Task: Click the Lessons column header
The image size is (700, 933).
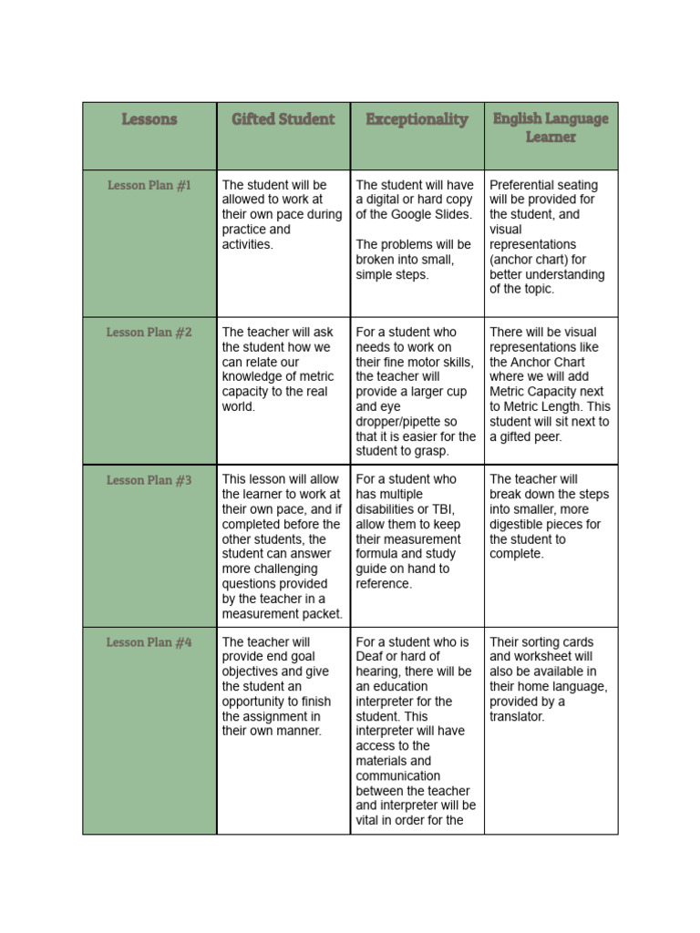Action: tap(149, 119)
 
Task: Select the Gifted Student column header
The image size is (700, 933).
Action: tap(283, 119)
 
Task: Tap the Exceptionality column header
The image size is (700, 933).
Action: tap(417, 119)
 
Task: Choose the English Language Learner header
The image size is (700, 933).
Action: tap(551, 128)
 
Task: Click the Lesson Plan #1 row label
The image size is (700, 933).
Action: tap(149, 185)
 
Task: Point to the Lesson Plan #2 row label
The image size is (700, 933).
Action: tap(149, 333)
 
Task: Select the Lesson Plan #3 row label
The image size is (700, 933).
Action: tap(149, 479)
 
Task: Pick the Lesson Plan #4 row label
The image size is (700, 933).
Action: tap(149, 642)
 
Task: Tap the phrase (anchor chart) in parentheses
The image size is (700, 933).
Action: tap(533, 260)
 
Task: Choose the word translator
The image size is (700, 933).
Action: tap(517, 717)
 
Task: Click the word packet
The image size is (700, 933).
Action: tap(323, 614)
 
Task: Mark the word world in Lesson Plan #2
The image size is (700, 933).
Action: tap(238, 407)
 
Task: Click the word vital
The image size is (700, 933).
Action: tap(370, 821)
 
